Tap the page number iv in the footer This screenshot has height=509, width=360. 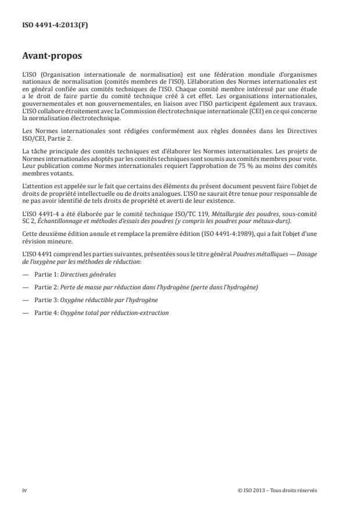(x=24, y=490)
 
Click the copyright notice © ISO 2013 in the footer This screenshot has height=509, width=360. (x=278, y=490)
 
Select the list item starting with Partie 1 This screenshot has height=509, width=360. (x=69, y=273)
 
